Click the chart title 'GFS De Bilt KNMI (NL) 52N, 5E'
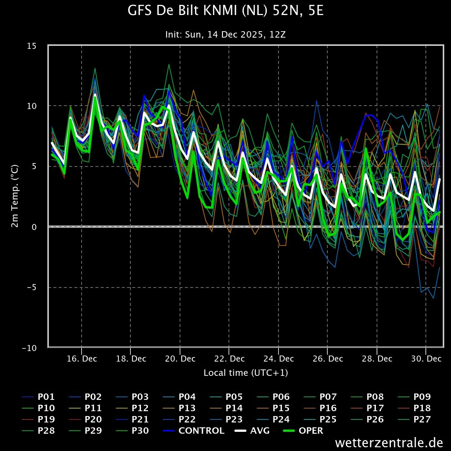225,11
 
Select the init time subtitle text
225,35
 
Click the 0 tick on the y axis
39,227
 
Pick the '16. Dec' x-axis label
82,359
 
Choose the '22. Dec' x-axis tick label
229,359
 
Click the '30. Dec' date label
426,359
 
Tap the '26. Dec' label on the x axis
328,359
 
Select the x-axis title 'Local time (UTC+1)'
246,373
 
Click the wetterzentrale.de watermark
389,443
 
